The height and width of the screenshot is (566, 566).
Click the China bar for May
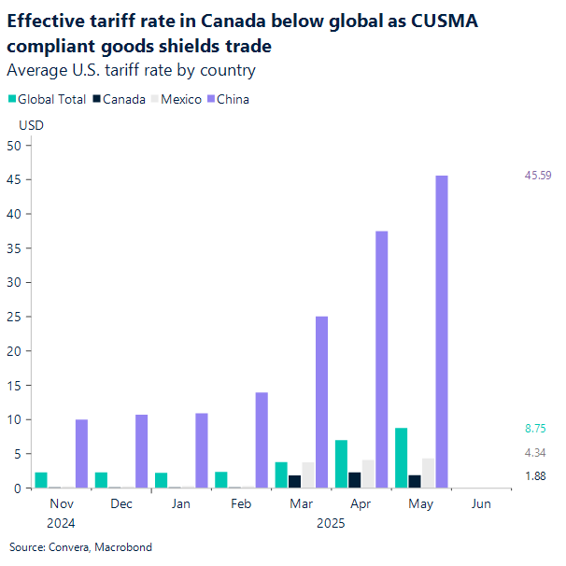pyautogui.click(x=441, y=332)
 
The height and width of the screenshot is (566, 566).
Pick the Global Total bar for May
pyautogui.click(x=400, y=458)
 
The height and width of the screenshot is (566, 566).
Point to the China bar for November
pyautogui.click(x=82, y=454)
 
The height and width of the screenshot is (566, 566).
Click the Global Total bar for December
pyautogui.click(x=101, y=480)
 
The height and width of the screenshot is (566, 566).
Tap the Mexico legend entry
pyautogui.click(x=177, y=99)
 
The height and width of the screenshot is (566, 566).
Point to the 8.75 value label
pyautogui.click(x=534, y=429)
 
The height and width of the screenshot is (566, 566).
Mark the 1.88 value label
pyautogui.click(x=534, y=475)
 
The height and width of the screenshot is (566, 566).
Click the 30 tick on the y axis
pyautogui.click(x=14, y=282)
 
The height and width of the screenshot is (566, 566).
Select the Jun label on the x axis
pyautogui.click(x=481, y=503)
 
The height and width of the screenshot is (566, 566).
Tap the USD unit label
pyautogui.click(x=32, y=125)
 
